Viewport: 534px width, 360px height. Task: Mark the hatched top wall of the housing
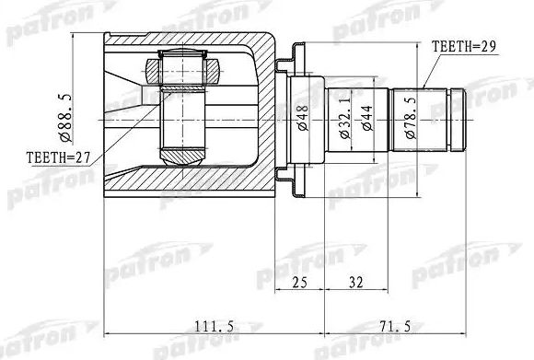coord(184,39)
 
